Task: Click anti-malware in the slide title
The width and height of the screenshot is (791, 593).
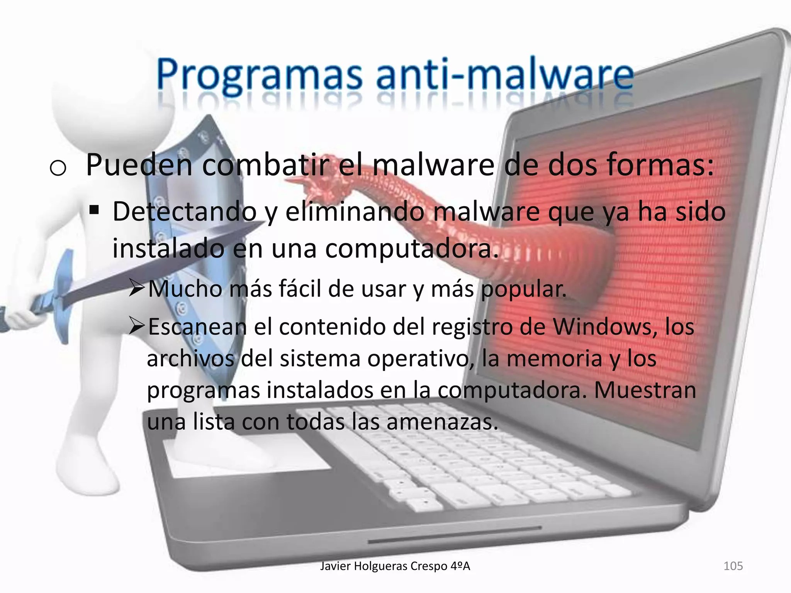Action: pyautogui.click(x=504, y=75)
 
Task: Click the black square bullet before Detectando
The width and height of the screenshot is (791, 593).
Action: pyautogui.click(x=94, y=211)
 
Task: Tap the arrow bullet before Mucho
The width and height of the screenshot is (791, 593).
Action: pyautogui.click(x=137, y=288)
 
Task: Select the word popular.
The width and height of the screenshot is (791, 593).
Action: pyautogui.click(x=523, y=289)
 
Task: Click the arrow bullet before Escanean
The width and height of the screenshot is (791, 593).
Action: pyautogui.click(x=137, y=327)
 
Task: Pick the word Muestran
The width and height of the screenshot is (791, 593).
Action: pyautogui.click(x=645, y=390)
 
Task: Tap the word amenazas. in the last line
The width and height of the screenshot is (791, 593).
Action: pyautogui.click(x=442, y=422)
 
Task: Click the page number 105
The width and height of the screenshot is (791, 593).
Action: pyautogui.click(x=733, y=566)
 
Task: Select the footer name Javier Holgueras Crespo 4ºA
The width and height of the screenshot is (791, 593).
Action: pyautogui.click(x=395, y=566)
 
